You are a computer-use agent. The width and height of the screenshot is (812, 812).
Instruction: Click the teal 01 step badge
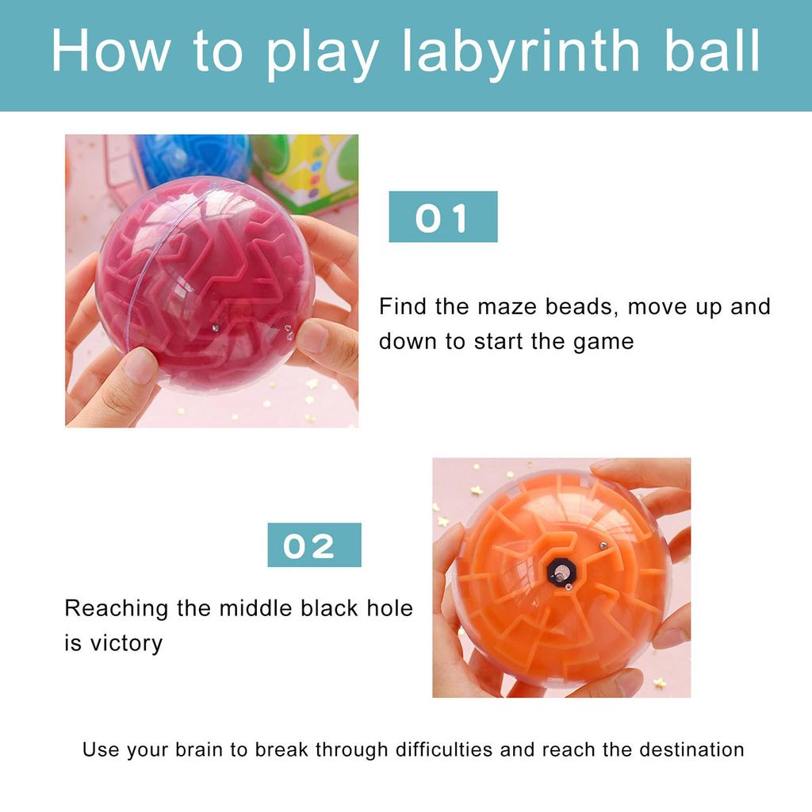(442, 216)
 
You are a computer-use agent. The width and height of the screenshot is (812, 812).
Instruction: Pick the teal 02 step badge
(314, 545)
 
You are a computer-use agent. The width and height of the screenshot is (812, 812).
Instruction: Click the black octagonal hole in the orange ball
(561, 571)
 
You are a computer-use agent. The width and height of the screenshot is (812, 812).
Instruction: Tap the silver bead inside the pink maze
(216, 327)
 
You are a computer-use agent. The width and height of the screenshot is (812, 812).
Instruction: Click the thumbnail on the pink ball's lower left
(140, 366)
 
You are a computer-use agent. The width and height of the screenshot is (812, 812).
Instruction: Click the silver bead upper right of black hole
(603, 546)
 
